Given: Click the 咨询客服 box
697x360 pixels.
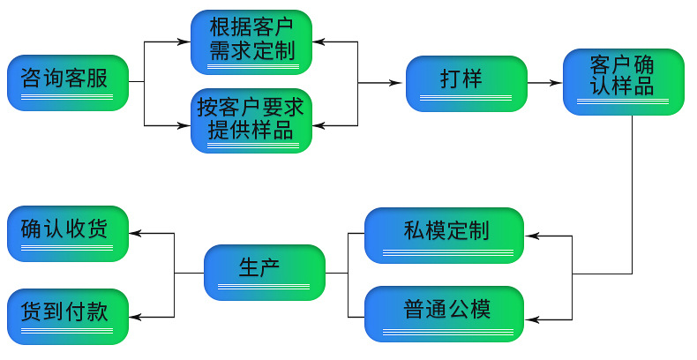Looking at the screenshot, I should point(68,83).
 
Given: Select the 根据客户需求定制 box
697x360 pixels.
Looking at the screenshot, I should point(251,41).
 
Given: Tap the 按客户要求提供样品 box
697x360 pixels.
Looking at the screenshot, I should point(251,121).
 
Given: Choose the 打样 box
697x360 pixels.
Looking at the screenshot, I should point(467,83).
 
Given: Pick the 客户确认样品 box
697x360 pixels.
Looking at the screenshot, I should point(624,83).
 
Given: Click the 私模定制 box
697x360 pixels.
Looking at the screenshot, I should point(445,235).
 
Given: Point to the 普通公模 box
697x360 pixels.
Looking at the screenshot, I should point(445,314).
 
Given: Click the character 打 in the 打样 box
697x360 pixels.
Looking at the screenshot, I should point(450,79).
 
